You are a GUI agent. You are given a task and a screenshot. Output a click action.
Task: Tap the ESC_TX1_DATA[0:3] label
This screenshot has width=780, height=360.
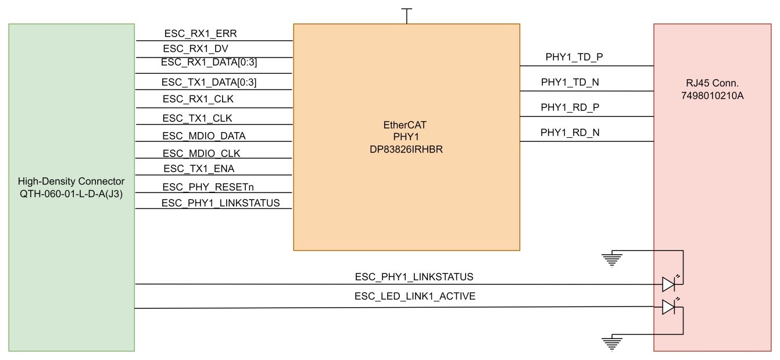pos(209,83)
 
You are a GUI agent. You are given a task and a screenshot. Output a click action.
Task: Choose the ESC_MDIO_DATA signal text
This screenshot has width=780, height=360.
pos(203,136)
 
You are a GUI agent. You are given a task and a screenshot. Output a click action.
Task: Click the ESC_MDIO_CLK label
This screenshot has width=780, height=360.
pos(201,154)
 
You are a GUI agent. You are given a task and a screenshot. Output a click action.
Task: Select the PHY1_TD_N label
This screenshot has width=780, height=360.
pos(570,83)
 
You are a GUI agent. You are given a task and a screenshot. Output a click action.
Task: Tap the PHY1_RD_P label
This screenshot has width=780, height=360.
pos(570,108)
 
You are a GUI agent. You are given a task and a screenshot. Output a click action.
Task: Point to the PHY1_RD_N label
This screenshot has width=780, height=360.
pos(570,133)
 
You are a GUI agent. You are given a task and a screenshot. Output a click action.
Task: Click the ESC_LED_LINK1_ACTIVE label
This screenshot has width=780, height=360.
pos(415,297)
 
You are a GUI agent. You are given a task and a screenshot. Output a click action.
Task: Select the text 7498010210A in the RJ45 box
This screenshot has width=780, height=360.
pos(712,95)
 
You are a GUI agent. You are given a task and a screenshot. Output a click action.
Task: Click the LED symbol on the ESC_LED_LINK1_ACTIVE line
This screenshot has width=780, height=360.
pos(668,308)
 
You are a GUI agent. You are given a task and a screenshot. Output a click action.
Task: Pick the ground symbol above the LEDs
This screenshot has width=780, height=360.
pos(610,258)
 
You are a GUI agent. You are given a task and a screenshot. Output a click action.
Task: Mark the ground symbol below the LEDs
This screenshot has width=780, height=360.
pos(610,343)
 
